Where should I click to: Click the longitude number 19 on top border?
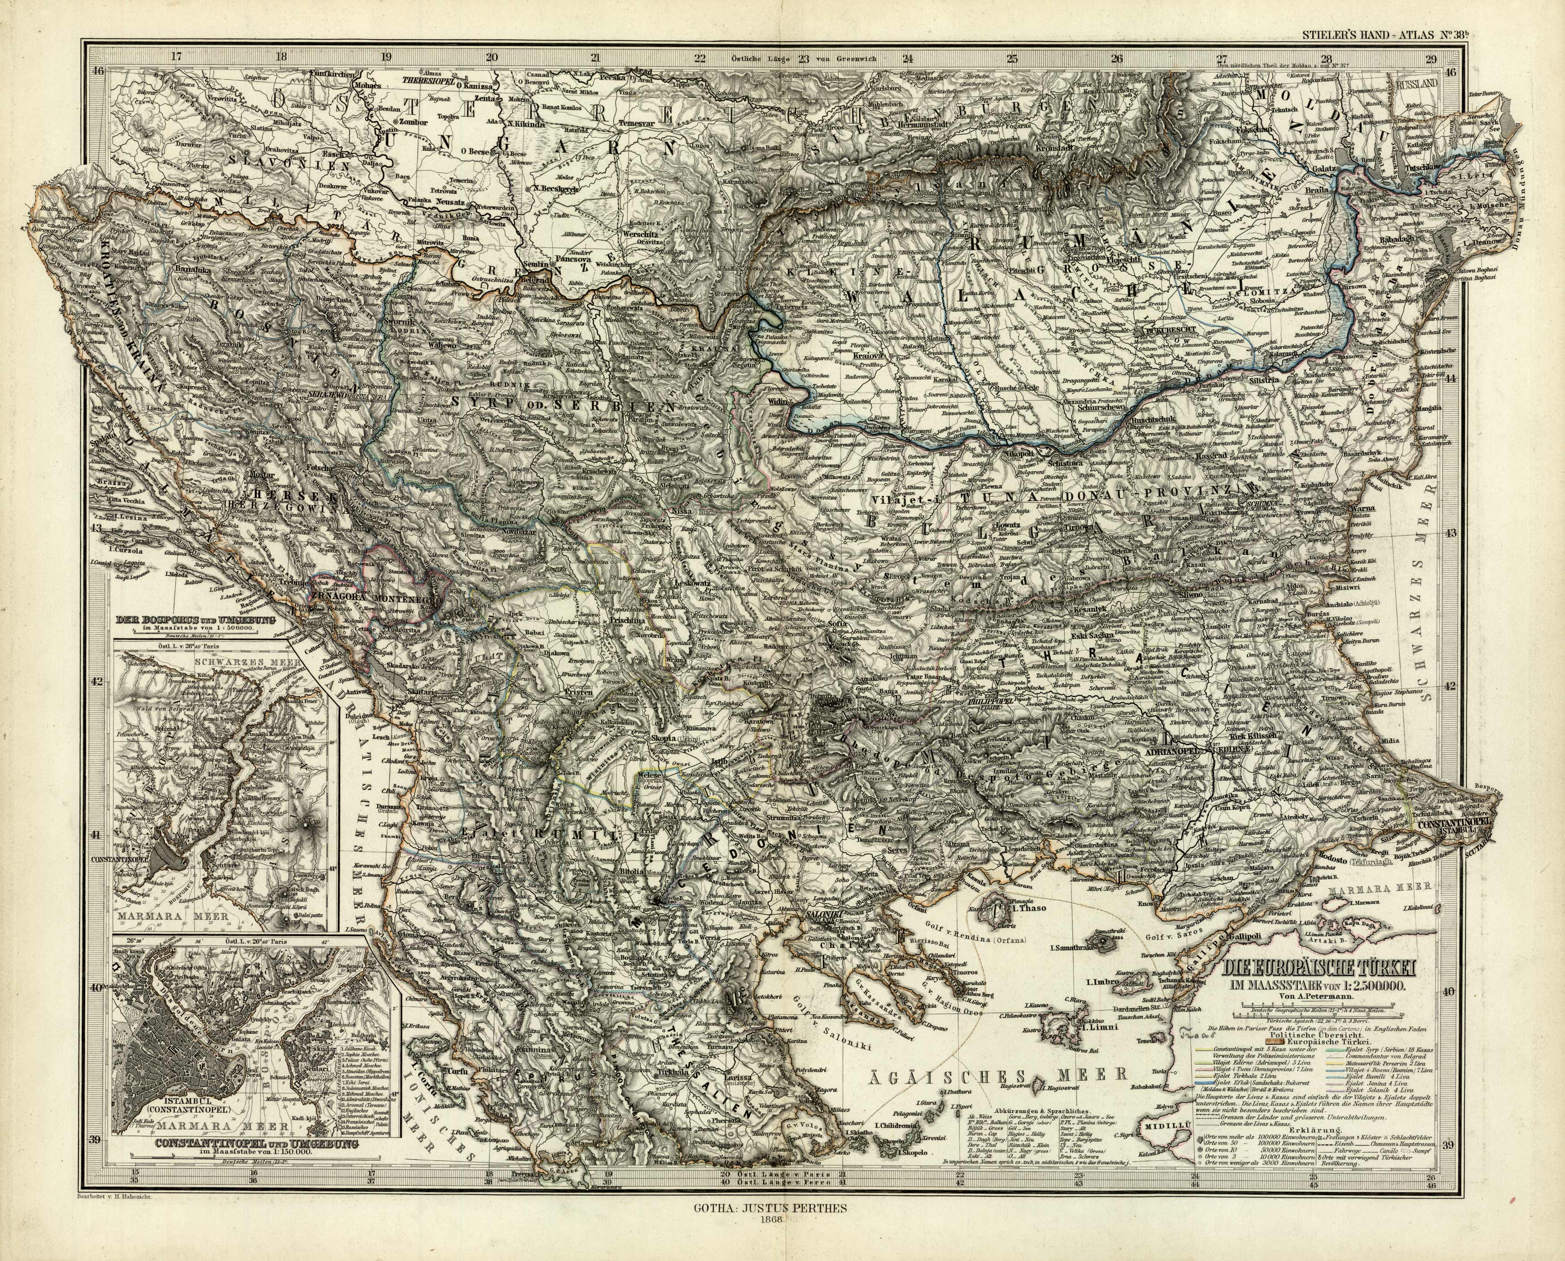coord(387,57)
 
